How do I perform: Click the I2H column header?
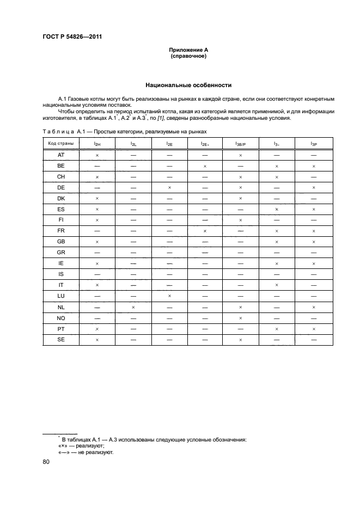(x=97, y=143)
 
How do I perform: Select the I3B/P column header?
(x=240, y=143)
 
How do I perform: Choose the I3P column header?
(x=314, y=143)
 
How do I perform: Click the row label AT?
(x=61, y=155)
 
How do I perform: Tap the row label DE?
(x=61, y=188)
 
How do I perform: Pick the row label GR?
(x=61, y=252)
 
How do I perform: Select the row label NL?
(x=61, y=306)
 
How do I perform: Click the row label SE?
(x=61, y=339)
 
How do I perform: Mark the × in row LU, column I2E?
(x=169, y=296)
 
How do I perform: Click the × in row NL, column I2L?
(x=133, y=306)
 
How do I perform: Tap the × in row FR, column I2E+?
(x=205, y=231)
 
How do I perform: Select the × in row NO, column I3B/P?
(x=240, y=317)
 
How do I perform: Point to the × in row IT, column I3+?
(x=277, y=285)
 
